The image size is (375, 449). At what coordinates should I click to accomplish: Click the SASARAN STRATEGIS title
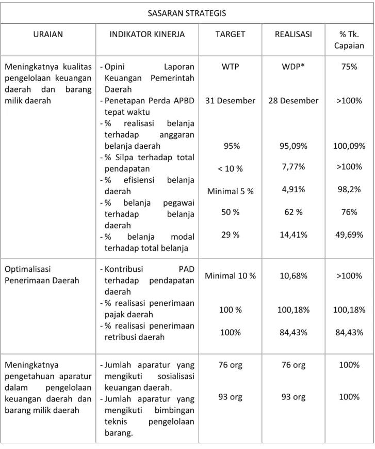point(187,13)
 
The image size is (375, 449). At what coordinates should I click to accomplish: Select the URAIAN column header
point(48,34)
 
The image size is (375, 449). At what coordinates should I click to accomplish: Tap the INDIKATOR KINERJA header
point(147,34)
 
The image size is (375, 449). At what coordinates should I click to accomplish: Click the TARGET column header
point(230,34)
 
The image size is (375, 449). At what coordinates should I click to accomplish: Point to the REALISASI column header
point(294,34)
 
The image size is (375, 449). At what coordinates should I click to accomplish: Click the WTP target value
point(230,67)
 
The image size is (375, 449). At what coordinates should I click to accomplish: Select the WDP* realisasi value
point(294,67)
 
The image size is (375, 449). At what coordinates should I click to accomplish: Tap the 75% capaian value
point(349,67)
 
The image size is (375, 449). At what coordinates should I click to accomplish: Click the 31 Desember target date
point(230,101)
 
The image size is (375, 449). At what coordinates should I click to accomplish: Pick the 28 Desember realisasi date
point(294,101)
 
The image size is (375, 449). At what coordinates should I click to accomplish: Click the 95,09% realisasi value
point(294,146)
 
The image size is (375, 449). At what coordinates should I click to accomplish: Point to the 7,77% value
point(294,167)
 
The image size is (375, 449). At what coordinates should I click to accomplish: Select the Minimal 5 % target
point(231,191)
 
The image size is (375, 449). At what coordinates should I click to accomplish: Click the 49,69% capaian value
point(349,235)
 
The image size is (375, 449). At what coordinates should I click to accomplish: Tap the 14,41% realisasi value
point(294,235)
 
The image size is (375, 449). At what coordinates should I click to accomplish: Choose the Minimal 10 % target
point(231,276)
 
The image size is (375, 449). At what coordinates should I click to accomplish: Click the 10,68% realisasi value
point(294,276)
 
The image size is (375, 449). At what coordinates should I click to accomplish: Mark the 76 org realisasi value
point(294,365)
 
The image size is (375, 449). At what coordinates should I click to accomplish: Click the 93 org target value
point(230,397)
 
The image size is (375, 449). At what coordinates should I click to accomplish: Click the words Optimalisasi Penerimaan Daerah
point(42,274)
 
